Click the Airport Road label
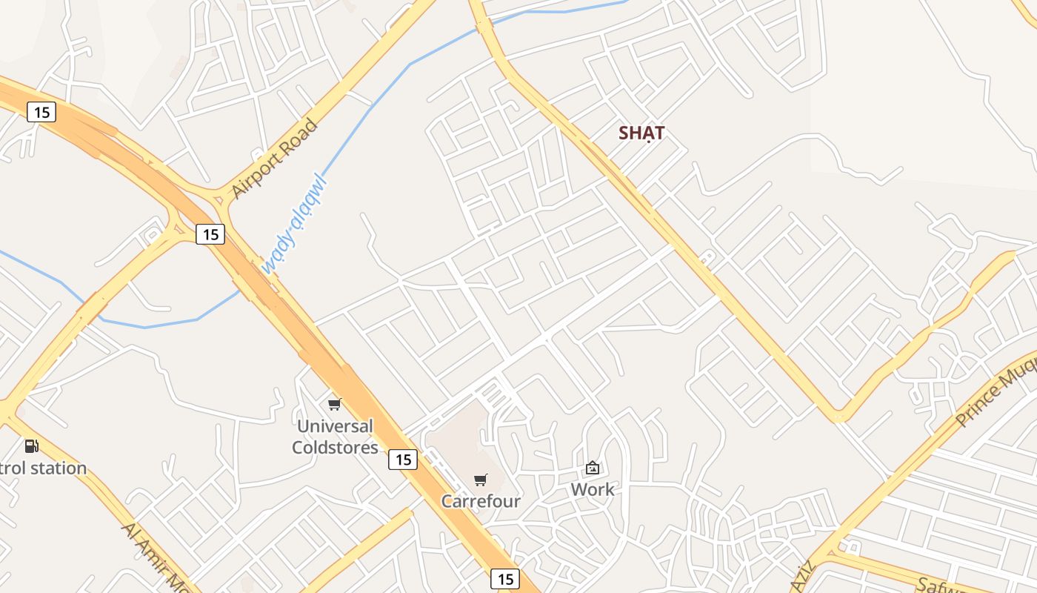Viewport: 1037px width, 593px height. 274,158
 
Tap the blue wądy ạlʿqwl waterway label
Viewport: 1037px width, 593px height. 294,223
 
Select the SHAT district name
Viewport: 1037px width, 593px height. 641,133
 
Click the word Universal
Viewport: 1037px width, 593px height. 335,426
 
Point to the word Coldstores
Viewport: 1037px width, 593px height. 335,448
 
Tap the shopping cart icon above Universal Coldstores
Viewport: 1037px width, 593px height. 335,404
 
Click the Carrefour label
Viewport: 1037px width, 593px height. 481,501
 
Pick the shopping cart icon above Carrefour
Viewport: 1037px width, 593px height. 481,480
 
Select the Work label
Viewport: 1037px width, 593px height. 593,490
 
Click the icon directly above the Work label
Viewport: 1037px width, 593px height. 593,468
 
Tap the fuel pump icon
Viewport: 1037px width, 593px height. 31,445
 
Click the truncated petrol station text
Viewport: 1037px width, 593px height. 43,468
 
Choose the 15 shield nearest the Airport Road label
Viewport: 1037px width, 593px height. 210,234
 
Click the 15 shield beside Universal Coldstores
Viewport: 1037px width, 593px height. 403,460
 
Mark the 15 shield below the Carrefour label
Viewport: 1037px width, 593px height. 505,578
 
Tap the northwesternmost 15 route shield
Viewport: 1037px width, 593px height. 41,112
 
